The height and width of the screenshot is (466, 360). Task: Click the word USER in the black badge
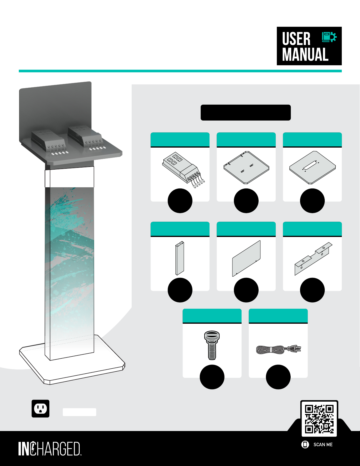[x=296, y=39]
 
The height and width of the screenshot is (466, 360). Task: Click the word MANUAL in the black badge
[x=305, y=54]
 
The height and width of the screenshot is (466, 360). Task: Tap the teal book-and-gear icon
[x=329, y=37]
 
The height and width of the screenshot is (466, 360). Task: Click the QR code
[x=319, y=419]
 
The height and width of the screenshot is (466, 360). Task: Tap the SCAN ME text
[x=323, y=445]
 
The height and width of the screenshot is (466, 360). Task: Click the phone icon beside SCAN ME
[x=305, y=445]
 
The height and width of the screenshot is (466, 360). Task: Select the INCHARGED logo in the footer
[x=50, y=449]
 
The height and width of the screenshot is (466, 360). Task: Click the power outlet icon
[x=41, y=409]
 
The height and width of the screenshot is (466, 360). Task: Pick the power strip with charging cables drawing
[x=183, y=170]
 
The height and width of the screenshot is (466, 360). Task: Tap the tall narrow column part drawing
[x=180, y=258]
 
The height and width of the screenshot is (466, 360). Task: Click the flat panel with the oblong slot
[x=312, y=168]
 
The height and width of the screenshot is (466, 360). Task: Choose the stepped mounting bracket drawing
[x=313, y=259]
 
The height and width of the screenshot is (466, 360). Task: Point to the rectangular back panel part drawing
[x=247, y=259]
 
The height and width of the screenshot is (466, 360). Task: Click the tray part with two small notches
[x=246, y=168]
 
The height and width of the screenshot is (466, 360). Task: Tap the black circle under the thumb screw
[x=212, y=377]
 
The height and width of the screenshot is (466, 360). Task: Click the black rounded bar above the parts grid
[x=246, y=113]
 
